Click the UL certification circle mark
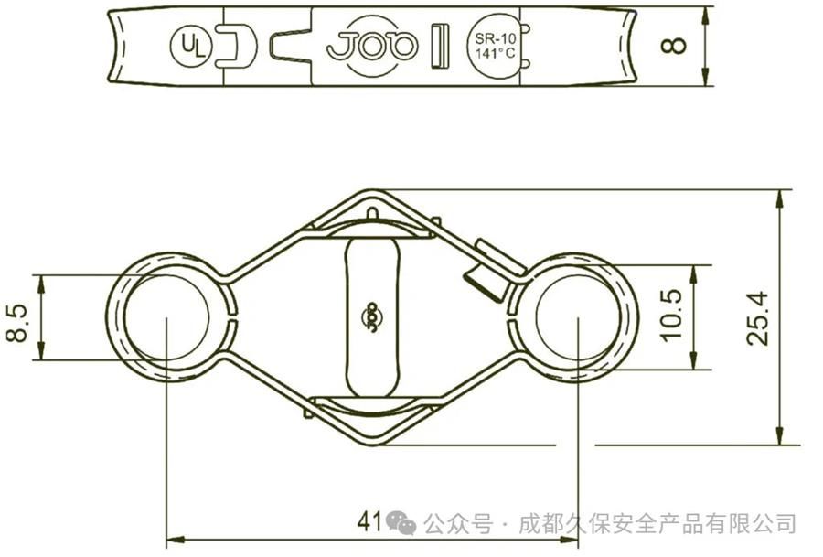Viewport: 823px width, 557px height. [191, 45]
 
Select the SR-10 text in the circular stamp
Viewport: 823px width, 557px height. [495, 38]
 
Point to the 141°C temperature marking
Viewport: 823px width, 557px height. [495, 53]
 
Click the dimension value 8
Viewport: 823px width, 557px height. [673, 45]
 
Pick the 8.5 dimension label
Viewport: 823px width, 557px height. [17, 324]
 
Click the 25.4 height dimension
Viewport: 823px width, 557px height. [757, 318]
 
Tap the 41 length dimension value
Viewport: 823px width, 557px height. [369, 521]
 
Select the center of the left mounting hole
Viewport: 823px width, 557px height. [166, 317]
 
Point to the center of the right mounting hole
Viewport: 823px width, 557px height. [578, 317]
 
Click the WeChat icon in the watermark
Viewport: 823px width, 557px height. [401, 522]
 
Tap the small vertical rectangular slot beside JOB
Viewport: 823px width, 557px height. [440, 46]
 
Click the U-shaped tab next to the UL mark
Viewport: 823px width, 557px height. [236, 46]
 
